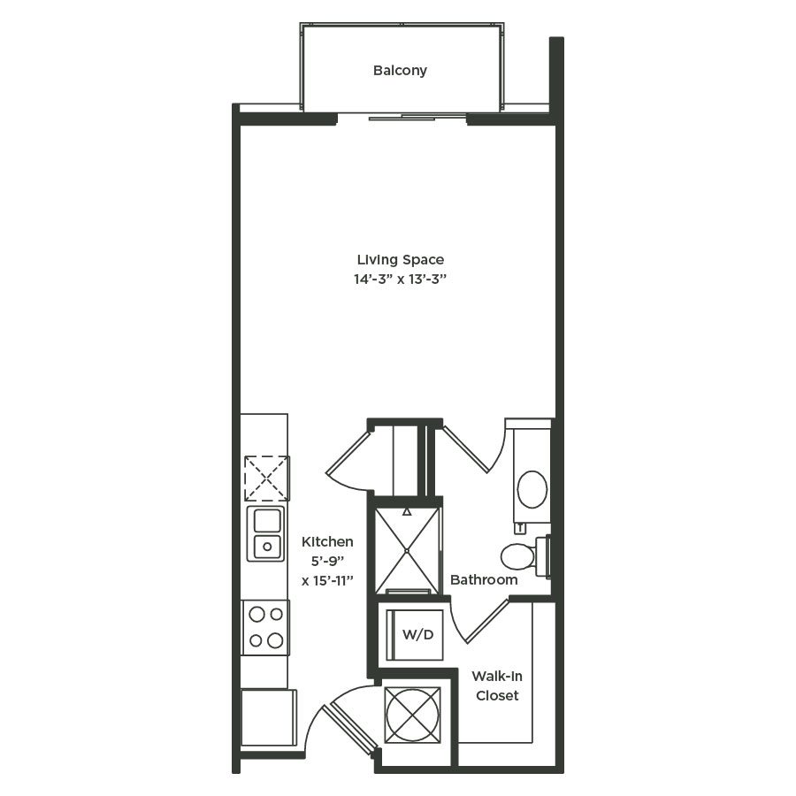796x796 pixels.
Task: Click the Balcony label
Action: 400,70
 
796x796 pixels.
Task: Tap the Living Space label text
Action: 400,260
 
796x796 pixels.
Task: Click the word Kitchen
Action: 327,541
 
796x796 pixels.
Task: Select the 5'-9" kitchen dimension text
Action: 327,561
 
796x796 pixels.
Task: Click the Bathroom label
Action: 484,580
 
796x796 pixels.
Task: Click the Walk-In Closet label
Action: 496,685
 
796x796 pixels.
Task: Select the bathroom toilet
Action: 521,556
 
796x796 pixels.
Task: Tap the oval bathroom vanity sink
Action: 532,489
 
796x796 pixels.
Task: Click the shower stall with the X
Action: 407,549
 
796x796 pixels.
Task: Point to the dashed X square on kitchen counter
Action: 266,478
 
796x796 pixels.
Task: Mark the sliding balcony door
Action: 402,117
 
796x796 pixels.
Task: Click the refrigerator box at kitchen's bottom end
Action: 268,717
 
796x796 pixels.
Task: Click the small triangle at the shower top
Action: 407,511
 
